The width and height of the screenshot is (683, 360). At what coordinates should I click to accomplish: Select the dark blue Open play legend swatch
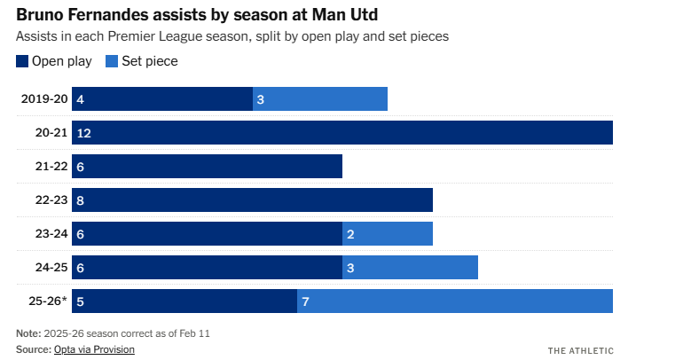tap(22, 61)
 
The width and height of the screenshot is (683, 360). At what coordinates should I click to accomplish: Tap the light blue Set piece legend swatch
tap(112, 61)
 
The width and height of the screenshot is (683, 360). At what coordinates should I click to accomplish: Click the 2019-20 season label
tap(44, 98)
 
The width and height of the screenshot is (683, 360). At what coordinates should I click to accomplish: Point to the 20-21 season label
tap(51, 132)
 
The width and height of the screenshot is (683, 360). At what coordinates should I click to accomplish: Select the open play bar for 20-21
tap(342, 132)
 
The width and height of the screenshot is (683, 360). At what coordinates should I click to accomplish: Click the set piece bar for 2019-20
tap(320, 98)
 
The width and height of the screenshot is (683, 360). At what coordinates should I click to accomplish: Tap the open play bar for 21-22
tap(207, 166)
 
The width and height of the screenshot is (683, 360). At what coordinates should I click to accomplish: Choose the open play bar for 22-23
tap(252, 200)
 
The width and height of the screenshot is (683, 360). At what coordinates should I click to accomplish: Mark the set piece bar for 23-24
tap(388, 233)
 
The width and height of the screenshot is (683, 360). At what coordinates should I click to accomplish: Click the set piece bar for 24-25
tap(410, 267)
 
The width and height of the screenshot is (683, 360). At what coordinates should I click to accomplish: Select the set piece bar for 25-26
tap(455, 301)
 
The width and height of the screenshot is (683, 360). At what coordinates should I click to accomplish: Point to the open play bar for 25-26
tap(184, 301)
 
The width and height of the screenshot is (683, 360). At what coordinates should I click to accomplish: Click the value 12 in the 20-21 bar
tap(84, 133)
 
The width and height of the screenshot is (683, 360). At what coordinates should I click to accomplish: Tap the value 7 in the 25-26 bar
tap(305, 301)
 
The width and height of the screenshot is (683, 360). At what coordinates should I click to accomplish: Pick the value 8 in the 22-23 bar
tap(81, 200)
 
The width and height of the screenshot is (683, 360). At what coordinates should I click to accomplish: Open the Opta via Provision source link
tap(94, 349)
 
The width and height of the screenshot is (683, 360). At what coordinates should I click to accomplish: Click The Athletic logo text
tap(580, 350)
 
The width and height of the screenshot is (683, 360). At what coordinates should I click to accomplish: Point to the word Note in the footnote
tap(27, 333)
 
